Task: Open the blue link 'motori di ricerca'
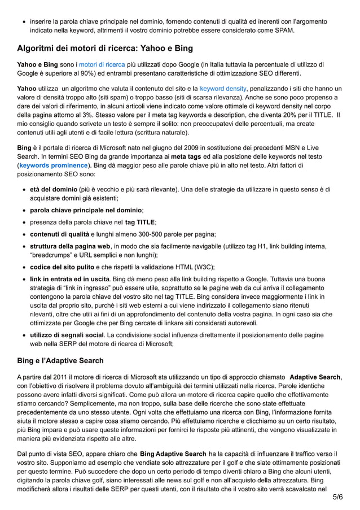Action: [x=102, y=64]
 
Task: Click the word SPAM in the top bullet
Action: [x=283, y=30]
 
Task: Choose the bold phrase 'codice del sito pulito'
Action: [x=63, y=267]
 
